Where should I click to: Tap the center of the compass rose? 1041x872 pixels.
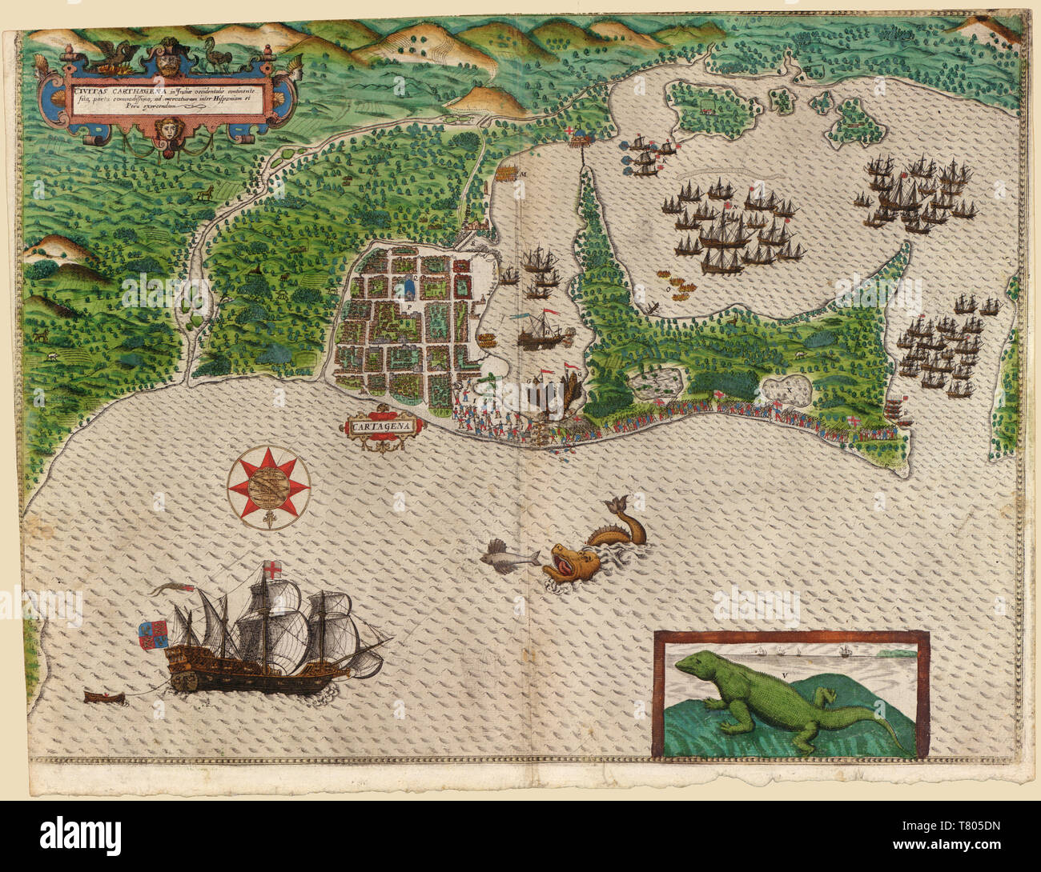pos(268,486)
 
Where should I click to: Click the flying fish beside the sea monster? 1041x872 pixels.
pos(509,554)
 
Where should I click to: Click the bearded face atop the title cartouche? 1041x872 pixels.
pos(167,60)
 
